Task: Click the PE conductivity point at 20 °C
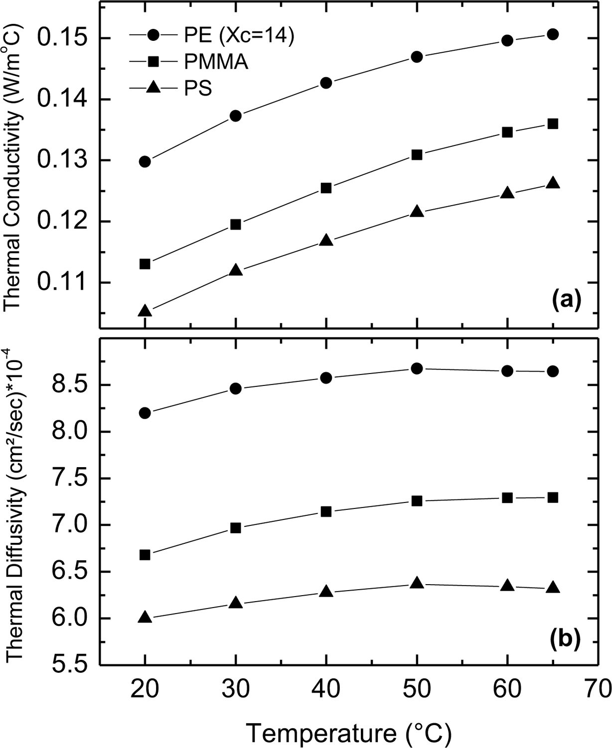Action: click(x=145, y=162)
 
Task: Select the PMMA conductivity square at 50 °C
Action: click(x=417, y=155)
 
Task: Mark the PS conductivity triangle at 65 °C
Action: click(x=552, y=183)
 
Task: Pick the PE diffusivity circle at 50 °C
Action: click(x=417, y=369)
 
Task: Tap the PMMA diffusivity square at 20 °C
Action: click(x=145, y=555)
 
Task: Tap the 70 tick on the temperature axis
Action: click(x=597, y=691)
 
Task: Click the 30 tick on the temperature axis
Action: click(x=235, y=691)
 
